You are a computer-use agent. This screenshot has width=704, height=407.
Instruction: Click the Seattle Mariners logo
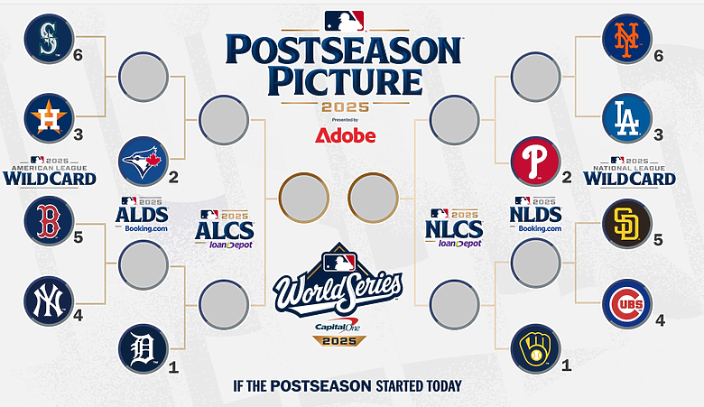[x=49, y=39]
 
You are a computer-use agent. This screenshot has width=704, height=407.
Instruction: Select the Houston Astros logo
[x=49, y=118]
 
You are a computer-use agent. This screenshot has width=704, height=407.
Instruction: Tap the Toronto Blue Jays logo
[x=144, y=162]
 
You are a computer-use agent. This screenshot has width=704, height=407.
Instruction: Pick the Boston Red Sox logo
[x=49, y=220]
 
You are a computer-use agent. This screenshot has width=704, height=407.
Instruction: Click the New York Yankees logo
[x=49, y=301]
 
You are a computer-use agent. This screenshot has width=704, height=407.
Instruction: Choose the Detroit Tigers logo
[x=144, y=348]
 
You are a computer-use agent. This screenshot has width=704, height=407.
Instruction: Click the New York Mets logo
[x=626, y=39]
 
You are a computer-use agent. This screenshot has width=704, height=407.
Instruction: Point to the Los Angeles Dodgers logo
[x=626, y=118]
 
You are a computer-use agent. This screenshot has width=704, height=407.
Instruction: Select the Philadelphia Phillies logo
[x=535, y=162]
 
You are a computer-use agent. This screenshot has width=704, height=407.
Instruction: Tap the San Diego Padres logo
[x=626, y=224]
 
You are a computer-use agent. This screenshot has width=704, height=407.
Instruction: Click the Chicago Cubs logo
[x=626, y=304]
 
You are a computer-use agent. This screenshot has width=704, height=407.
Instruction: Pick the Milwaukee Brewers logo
[x=535, y=348]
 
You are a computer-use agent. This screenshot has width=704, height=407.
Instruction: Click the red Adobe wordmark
[x=346, y=135]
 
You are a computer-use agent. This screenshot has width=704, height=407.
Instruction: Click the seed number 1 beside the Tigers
[x=173, y=368]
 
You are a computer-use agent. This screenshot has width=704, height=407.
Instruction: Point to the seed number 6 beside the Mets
[x=659, y=56]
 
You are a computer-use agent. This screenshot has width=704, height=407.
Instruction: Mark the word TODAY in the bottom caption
[x=443, y=386]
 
